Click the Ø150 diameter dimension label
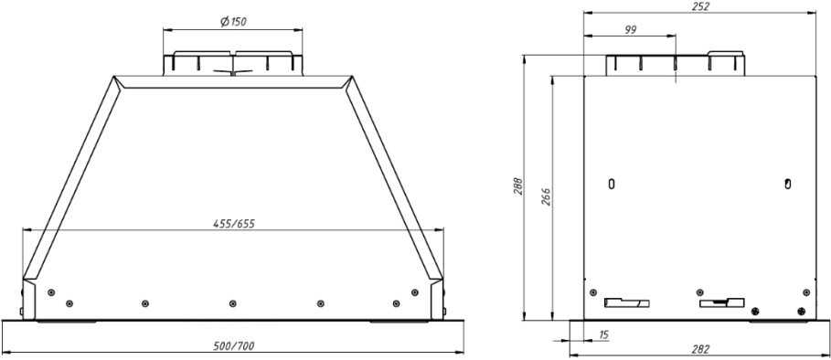click(233, 22)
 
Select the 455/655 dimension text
click(234, 224)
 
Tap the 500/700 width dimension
click(233, 346)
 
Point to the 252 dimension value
click(699, 6)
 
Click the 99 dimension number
click(630, 29)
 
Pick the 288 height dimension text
click(518, 185)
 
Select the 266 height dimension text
click(547, 196)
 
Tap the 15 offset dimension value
click(604, 334)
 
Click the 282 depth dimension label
click(700, 349)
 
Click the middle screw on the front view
click(232, 303)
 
